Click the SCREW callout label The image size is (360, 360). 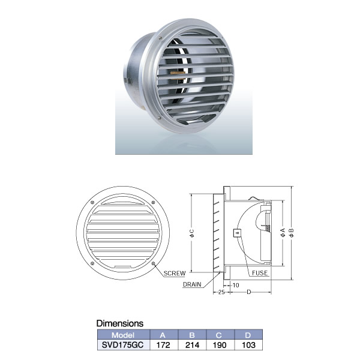click(x=175, y=273)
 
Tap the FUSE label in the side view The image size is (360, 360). click(x=260, y=273)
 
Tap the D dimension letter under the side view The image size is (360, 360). click(x=248, y=292)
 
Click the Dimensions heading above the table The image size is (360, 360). click(x=120, y=323)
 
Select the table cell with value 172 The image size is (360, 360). click(x=163, y=346)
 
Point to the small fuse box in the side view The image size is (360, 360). click(x=237, y=233)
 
